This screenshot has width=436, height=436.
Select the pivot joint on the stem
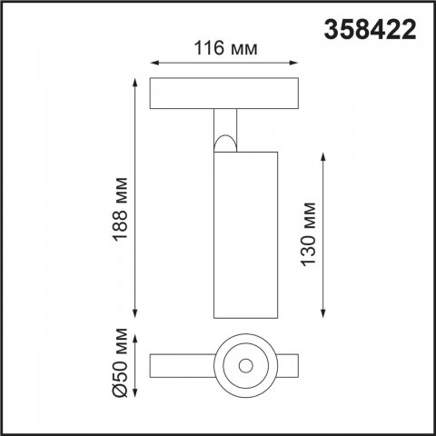point(225,142)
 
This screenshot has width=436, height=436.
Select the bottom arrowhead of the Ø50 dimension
point(135,397)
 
